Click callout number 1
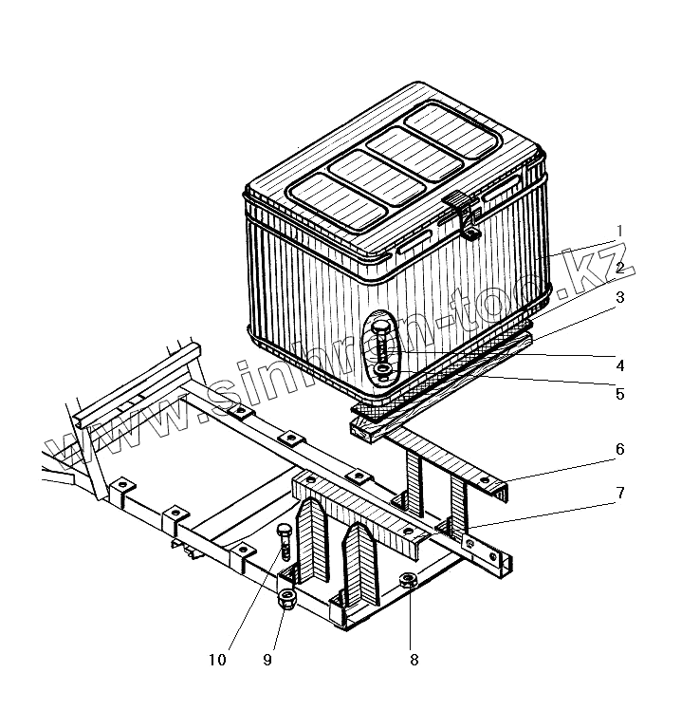point(618,231)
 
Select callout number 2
point(618,269)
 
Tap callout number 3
point(618,298)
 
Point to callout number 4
point(618,364)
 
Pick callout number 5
point(618,393)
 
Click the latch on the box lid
point(462,214)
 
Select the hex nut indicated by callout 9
point(285,599)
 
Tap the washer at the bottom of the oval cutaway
point(382,369)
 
